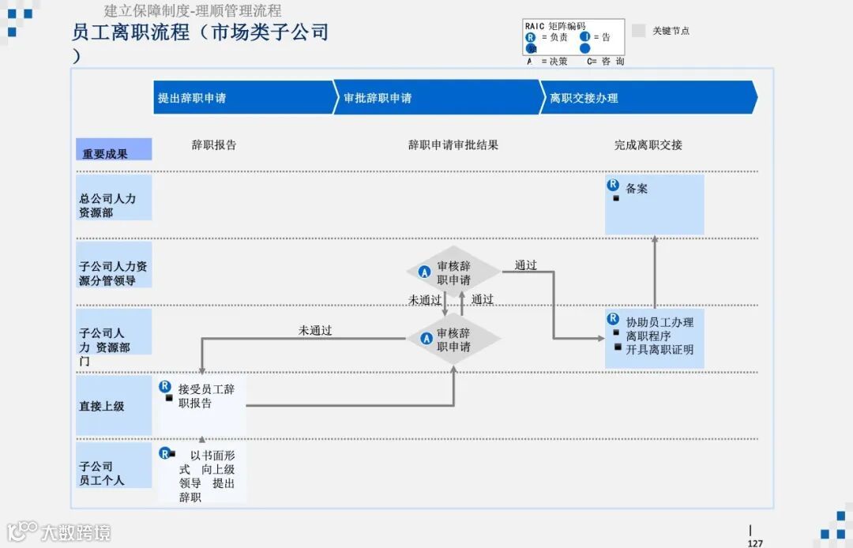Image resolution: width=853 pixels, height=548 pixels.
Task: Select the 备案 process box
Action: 654,205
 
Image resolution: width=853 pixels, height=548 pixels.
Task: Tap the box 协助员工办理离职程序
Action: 654,338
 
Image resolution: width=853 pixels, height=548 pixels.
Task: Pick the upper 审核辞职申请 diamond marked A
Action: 453,273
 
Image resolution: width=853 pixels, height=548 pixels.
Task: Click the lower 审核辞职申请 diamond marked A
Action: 453,340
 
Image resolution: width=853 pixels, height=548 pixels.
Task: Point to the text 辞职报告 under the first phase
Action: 214,145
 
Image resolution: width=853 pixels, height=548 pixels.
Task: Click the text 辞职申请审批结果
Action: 453,145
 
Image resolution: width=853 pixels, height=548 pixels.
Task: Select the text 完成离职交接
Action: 648,145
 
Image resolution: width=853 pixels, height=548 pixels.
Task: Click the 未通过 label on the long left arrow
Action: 315,331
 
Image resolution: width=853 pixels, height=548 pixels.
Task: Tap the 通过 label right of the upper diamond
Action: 526,265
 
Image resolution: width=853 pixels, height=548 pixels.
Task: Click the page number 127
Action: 755,542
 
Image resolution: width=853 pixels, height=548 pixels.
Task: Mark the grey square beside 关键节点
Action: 639,31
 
